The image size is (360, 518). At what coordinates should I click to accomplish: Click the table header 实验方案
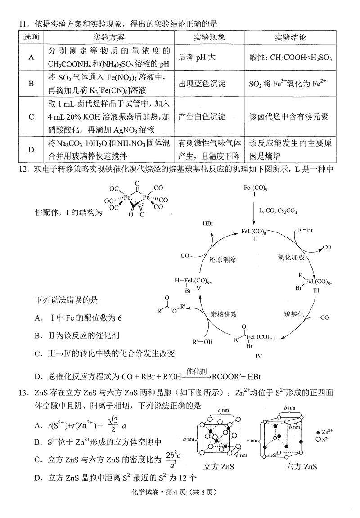point(108,37)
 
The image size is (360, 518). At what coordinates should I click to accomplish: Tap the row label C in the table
point(31,117)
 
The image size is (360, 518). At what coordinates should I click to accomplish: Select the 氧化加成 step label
point(291,258)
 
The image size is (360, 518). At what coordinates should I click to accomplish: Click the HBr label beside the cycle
point(208,223)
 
